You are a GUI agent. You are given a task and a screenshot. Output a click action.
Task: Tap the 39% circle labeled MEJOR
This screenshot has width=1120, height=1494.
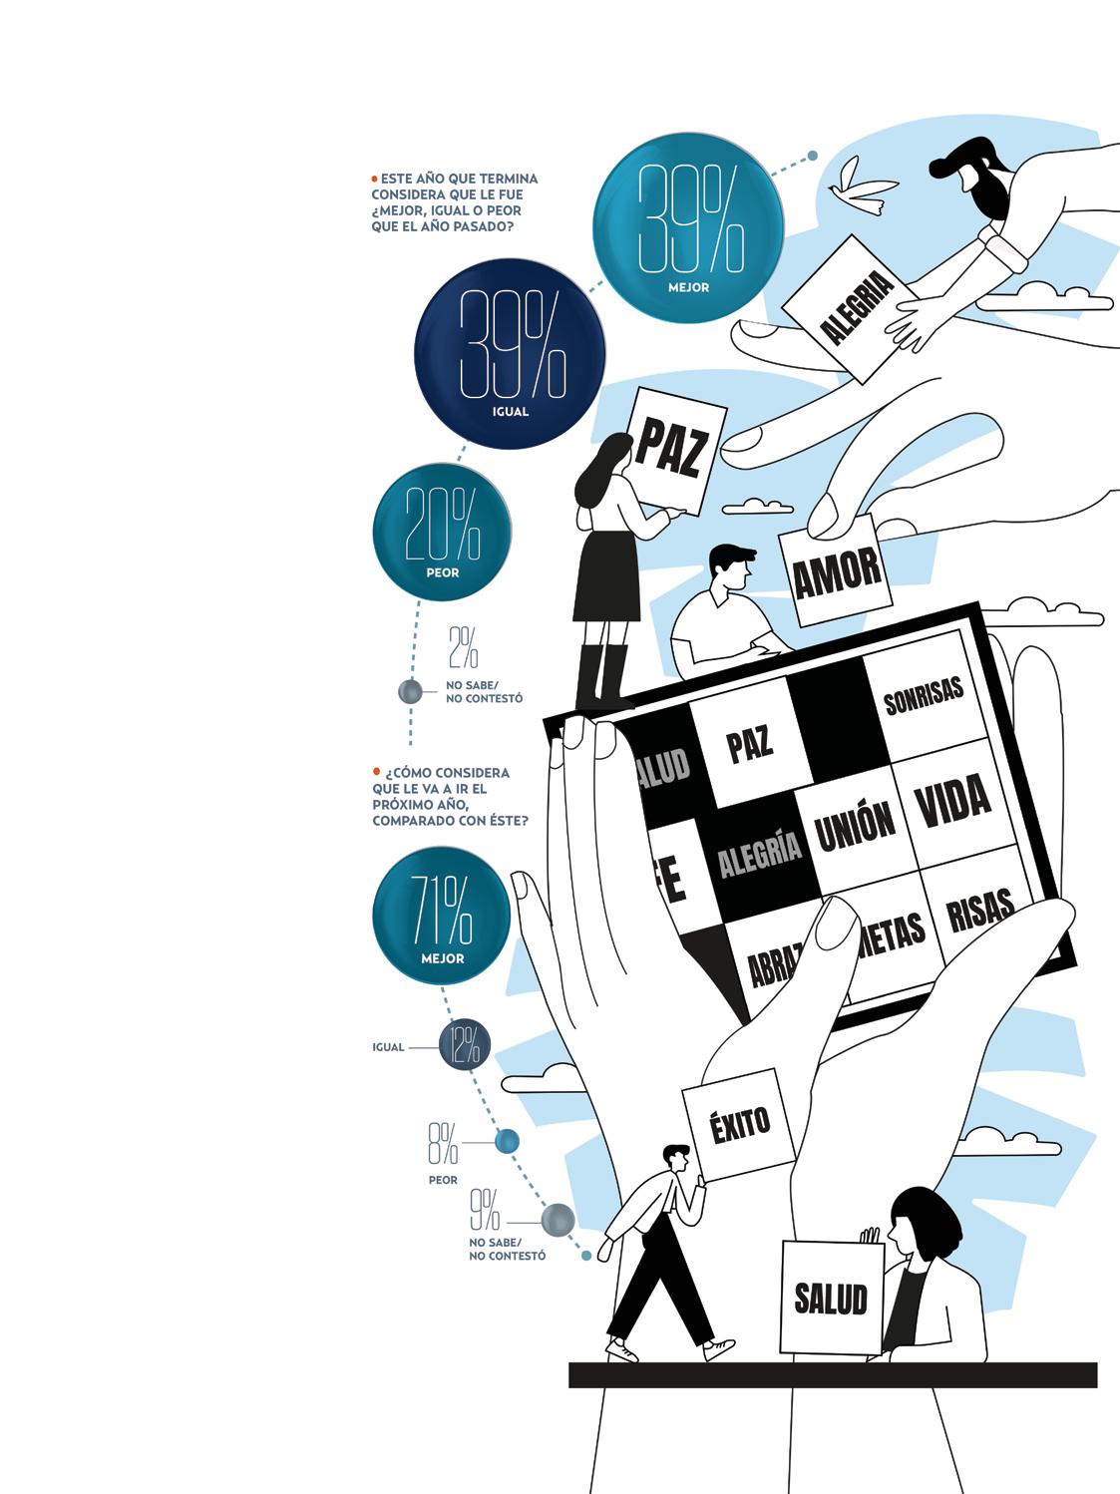tap(689, 227)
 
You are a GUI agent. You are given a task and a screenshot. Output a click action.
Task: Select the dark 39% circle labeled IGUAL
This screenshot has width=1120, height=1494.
tap(510, 353)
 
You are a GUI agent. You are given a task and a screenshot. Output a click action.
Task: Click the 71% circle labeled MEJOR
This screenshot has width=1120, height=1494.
tap(442, 916)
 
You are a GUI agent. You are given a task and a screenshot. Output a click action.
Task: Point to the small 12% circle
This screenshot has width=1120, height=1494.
tap(465, 1045)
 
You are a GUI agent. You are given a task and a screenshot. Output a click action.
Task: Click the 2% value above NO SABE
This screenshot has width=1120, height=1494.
tap(463, 647)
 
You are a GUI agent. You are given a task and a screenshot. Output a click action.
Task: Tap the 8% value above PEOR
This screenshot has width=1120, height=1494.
tap(443, 1143)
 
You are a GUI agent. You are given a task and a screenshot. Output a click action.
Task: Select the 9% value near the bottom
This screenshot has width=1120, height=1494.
tap(485, 1210)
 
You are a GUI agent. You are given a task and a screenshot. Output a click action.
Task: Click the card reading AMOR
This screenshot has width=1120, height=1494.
tap(836, 571)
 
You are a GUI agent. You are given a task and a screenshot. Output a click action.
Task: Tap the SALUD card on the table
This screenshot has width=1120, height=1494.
tap(831, 1298)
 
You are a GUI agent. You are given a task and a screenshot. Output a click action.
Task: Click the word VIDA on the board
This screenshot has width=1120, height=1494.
tap(952, 800)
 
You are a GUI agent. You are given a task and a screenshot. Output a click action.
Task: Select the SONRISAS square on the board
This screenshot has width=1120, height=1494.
tap(924, 696)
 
